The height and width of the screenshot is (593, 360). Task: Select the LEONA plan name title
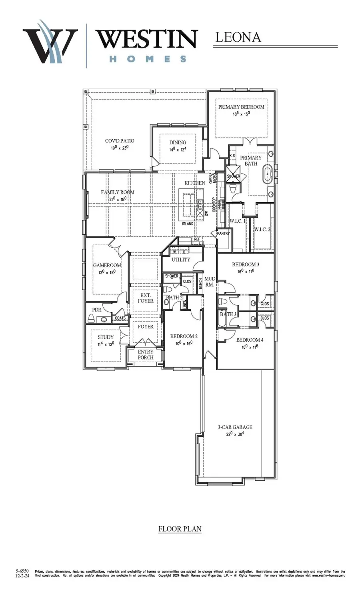pyautogui.click(x=238, y=37)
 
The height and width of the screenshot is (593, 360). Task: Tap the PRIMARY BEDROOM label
pyautogui.click(x=241, y=107)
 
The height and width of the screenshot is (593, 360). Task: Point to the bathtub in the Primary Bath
pyautogui.click(x=267, y=175)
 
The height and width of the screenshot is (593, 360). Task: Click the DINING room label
pyautogui.click(x=178, y=142)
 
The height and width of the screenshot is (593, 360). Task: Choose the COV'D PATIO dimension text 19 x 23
pyautogui.click(x=120, y=148)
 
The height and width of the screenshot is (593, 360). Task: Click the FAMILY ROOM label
pyautogui.click(x=118, y=192)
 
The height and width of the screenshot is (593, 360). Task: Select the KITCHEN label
pyautogui.click(x=195, y=183)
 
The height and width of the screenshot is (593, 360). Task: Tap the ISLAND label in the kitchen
pyautogui.click(x=188, y=224)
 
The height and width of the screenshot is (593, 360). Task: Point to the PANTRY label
pyautogui.click(x=223, y=234)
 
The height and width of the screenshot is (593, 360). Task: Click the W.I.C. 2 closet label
pyautogui.click(x=262, y=230)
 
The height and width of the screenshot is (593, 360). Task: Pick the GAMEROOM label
pyautogui.click(x=107, y=265)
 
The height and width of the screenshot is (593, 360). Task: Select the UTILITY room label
pyautogui.click(x=181, y=260)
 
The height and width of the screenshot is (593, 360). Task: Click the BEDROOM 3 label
pyautogui.click(x=246, y=264)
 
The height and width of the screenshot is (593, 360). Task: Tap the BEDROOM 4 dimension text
pyautogui.click(x=250, y=347)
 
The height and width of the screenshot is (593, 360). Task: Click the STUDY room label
pyautogui.click(x=106, y=337)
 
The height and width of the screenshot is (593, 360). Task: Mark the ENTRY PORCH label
pyautogui.click(x=146, y=354)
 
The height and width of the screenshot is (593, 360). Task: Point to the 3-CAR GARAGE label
pyautogui.click(x=235, y=427)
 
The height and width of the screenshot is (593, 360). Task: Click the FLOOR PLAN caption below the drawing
pyautogui.click(x=180, y=529)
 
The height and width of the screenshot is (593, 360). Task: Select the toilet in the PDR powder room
pyautogui.click(x=91, y=318)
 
